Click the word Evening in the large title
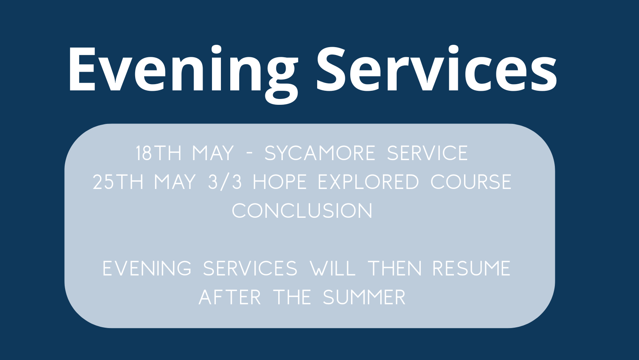point(183,74)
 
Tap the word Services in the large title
point(437,69)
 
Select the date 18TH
point(158,153)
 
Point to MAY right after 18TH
point(213,153)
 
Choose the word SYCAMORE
point(320,153)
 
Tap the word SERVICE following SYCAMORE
point(427,153)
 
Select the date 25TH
point(118,182)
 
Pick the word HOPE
point(280,182)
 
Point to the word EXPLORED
point(368,182)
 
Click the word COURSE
point(471,182)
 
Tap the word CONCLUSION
point(302,211)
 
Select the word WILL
point(333,268)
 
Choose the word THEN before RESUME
point(395,268)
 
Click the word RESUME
point(472,268)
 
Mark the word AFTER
point(229,297)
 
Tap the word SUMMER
point(364,297)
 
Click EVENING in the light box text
point(147,268)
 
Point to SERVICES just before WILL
point(250,268)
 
